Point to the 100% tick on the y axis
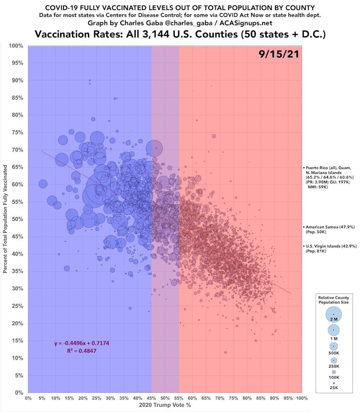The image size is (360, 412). pos(17,46)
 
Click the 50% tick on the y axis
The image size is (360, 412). pos(18,219)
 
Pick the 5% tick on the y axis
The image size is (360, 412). pos(19,375)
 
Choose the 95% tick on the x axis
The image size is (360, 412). pos(288,398)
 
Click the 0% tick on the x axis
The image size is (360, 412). pos(28,398)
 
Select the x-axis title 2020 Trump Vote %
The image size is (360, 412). pos(165,406)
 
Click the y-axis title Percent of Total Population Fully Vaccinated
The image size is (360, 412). pos(5,219)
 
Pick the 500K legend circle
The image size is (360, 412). pos(333,346)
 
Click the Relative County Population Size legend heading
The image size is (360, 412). pos(333,300)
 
